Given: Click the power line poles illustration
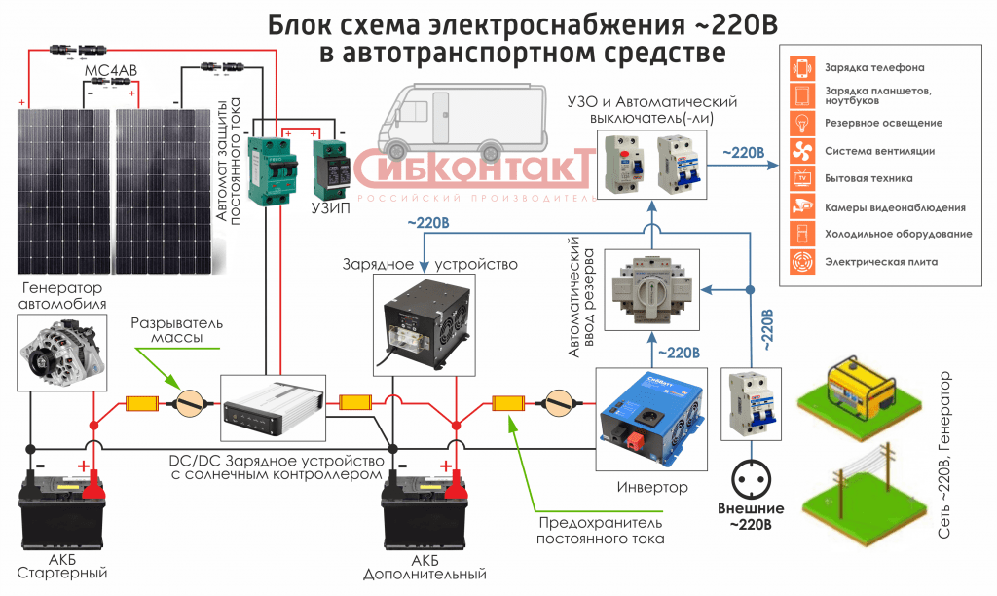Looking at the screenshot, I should (855, 498).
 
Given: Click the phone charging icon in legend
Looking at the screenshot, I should (803, 68).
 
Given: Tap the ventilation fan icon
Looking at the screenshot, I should (803, 151).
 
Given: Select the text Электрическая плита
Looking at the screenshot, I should (881, 262).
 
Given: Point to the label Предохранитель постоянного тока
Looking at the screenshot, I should (602, 531).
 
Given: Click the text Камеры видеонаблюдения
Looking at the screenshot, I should (895, 206).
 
